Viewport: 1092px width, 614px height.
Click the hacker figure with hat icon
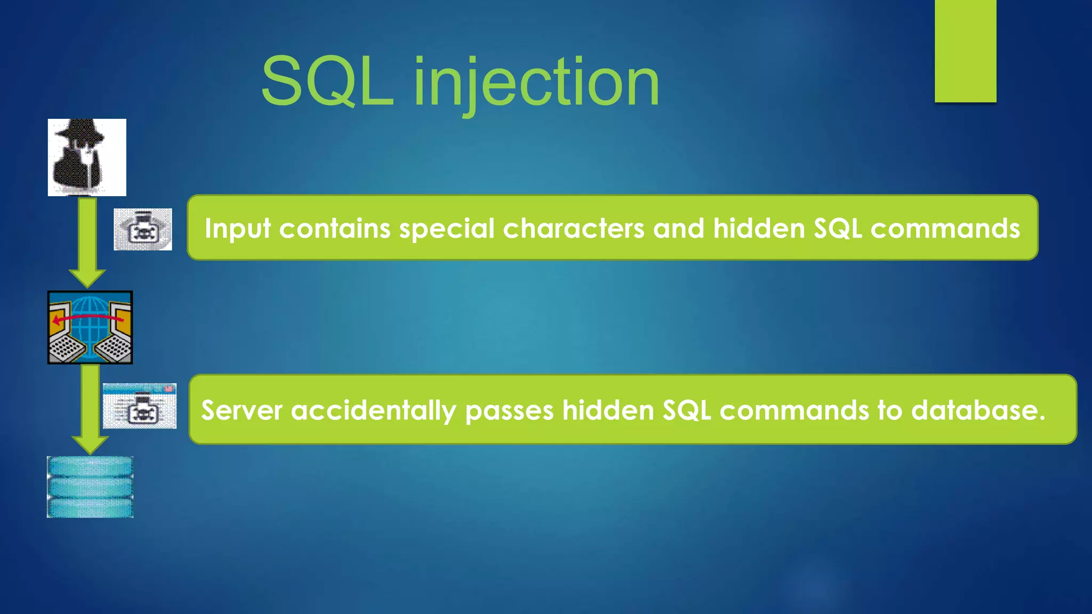[87, 157]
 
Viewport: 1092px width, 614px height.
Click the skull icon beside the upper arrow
[143, 230]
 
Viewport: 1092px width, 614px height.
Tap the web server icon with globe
[90, 328]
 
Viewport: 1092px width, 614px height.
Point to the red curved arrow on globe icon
[88, 318]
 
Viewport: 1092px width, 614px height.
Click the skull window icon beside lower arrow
[140, 406]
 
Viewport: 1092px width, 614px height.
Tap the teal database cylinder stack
[90, 487]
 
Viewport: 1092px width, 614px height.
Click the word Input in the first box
[237, 229]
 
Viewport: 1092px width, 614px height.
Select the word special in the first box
[447, 229]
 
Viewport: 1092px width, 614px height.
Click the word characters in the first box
[574, 229]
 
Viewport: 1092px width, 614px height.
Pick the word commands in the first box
[945, 229]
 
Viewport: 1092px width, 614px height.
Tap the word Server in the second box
[242, 410]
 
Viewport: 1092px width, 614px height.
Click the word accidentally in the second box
[373, 410]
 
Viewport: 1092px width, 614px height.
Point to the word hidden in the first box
[759, 229]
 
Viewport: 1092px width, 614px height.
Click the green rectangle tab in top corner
[965, 51]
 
